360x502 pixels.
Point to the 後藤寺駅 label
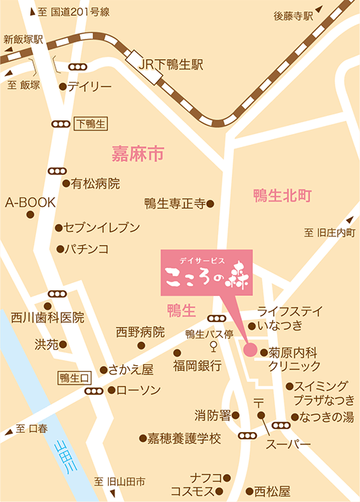(294, 15)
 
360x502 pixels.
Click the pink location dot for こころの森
(250, 351)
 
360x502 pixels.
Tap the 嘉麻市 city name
(138, 153)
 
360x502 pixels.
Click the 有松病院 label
(95, 184)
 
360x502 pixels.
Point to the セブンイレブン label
(102, 228)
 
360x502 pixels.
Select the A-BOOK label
(30, 203)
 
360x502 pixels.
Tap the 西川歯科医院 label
(48, 317)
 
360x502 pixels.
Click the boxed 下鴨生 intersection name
(90, 124)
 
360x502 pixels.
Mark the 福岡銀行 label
(197, 365)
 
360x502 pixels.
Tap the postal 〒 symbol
(258, 400)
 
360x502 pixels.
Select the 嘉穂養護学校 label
(184, 438)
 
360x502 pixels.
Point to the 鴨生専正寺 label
(175, 204)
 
